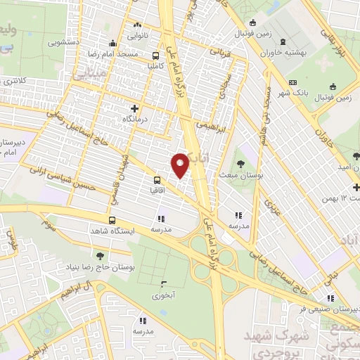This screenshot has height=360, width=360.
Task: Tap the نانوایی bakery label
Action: coord(136,33)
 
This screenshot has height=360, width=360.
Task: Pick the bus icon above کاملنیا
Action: coord(155,56)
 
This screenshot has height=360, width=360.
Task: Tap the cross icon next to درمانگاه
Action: coord(135,108)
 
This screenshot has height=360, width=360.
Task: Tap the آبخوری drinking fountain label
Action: coord(165,296)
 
